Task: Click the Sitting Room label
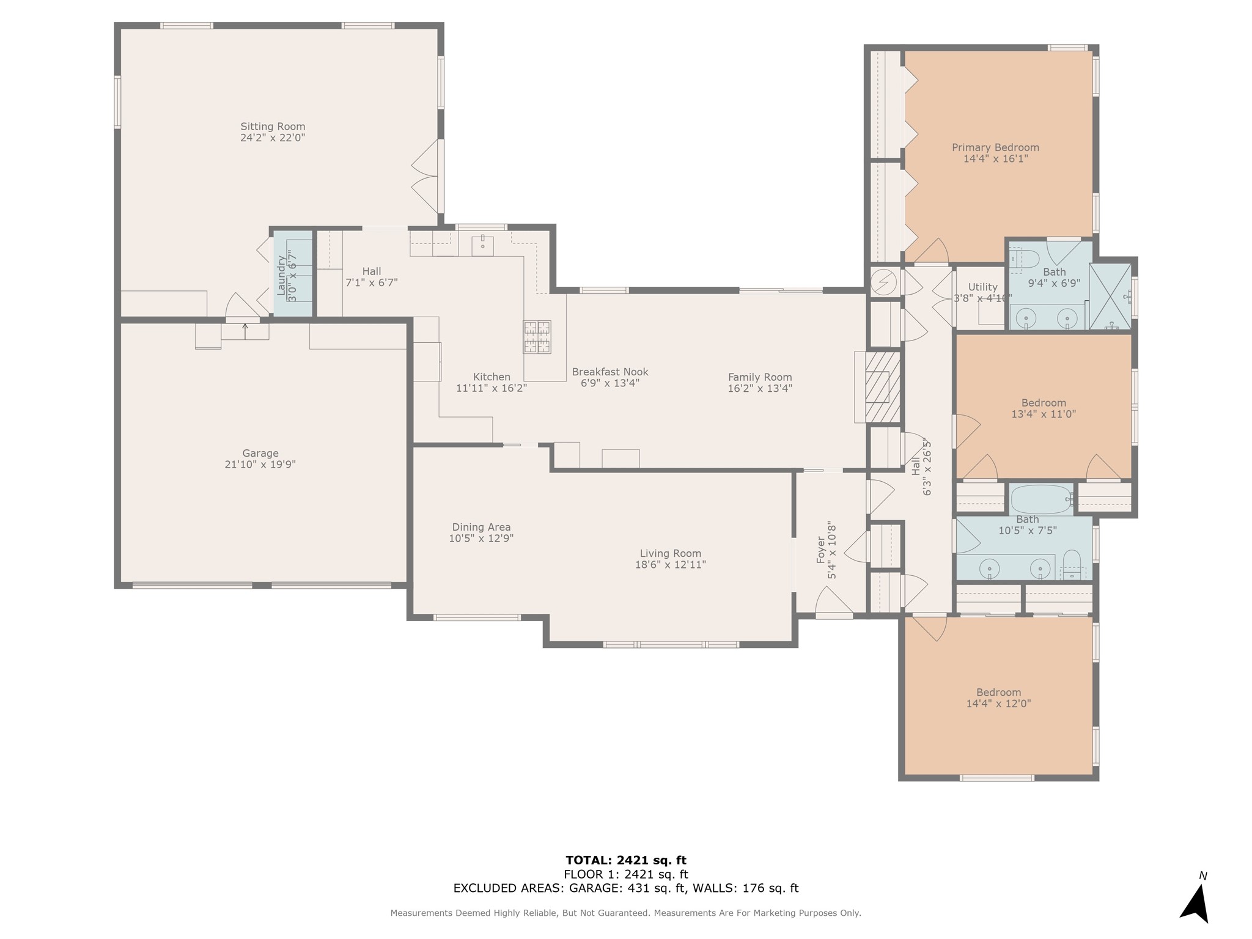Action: point(273,127)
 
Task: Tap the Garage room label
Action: point(260,453)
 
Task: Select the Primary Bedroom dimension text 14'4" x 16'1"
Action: point(995,158)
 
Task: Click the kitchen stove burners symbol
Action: point(537,337)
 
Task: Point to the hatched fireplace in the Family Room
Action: point(883,387)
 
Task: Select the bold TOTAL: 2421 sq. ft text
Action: point(626,861)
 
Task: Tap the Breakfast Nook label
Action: point(610,372)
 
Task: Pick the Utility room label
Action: point(983,287)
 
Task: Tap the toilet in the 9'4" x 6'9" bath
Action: point(1025,259)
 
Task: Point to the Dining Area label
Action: point(481,527)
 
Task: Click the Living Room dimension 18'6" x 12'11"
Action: point(671,565)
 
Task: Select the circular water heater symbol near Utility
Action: point(883,282)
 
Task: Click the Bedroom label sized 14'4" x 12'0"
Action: point(998,692)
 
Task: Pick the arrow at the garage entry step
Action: point(245,331)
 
